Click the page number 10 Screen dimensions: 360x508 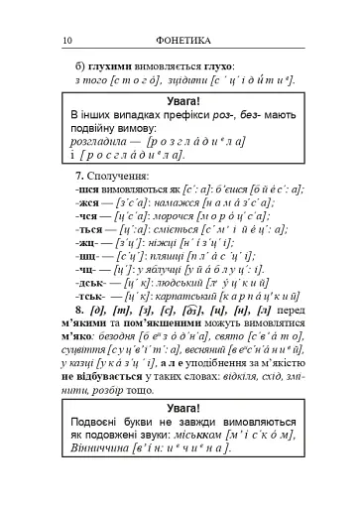pyautogui.click(x=67, y=39)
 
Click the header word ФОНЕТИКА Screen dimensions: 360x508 pyautogui.click(x=180, y=39)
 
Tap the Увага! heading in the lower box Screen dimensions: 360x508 pyautogui.click(x=180, y=409)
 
